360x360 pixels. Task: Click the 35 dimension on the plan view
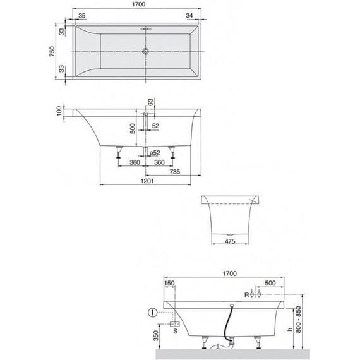click(82, 15)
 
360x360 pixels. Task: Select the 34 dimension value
click(190, 15)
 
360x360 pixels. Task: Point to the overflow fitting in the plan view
click(145, 29)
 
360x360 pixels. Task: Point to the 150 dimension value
click(169, 284)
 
